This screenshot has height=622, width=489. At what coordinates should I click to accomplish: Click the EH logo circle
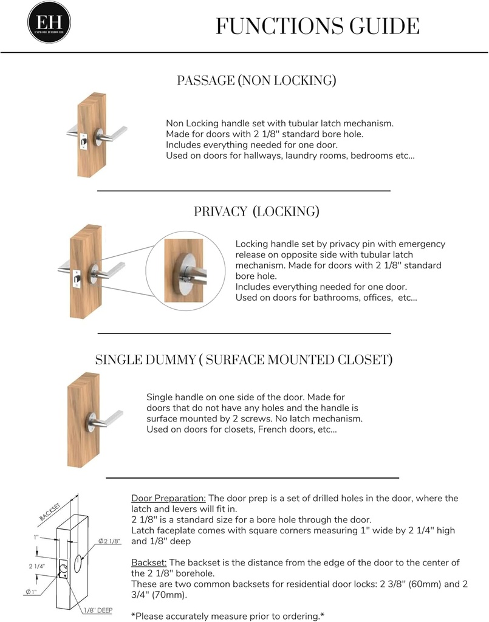click(x=49, y=22)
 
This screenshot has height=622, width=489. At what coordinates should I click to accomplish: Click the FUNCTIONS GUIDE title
click(x=317, y=27)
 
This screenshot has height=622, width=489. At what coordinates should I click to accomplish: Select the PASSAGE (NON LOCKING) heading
click(x=256, y=80)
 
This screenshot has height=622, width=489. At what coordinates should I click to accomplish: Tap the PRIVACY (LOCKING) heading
click(x=256, y=211)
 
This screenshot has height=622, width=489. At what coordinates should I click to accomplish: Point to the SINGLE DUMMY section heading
click(x=244, y=360)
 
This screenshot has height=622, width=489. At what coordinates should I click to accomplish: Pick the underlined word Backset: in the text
click(x=148, y=562)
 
